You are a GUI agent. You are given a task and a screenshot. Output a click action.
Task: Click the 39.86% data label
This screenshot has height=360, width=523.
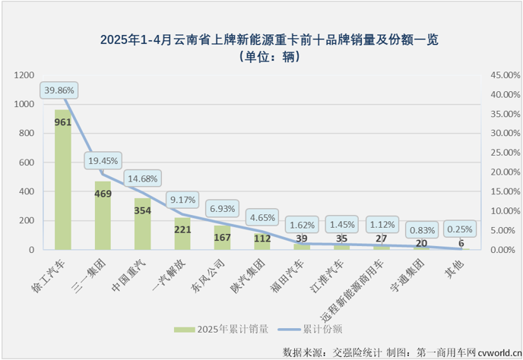59,90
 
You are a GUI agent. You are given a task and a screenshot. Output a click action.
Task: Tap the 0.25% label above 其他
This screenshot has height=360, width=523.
460,229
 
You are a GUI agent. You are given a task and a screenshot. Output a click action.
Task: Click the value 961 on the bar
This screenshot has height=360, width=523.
63,122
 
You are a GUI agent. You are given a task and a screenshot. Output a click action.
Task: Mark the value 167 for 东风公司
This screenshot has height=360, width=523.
223,237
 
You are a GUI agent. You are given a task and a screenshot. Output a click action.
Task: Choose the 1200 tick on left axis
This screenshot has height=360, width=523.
24,75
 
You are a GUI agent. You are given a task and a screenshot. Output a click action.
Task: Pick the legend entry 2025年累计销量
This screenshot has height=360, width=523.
225,329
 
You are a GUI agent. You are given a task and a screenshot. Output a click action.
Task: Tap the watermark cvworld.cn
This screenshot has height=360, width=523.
498,352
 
